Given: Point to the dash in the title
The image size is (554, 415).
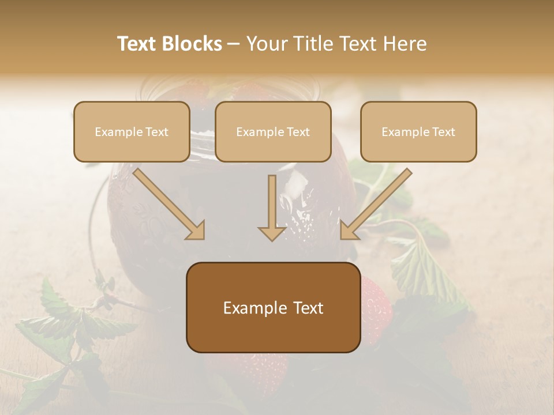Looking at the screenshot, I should tap(234, 44).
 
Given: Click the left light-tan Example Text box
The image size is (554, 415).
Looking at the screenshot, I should tap(132, 131).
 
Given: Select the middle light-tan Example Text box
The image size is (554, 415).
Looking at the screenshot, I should tap(273, 131).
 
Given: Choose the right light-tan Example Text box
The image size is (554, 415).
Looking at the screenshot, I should tap(418, 131).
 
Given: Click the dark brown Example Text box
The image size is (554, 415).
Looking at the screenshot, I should tap(273, 307).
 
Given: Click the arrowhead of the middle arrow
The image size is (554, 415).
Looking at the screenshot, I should tap(272, 233).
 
